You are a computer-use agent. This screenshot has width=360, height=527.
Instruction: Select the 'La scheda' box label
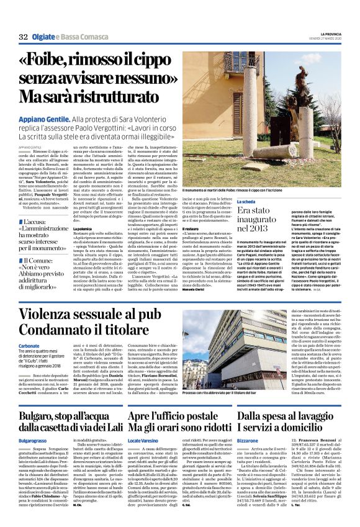point(246,202)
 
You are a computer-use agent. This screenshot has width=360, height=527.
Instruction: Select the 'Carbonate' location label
point(29,345)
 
